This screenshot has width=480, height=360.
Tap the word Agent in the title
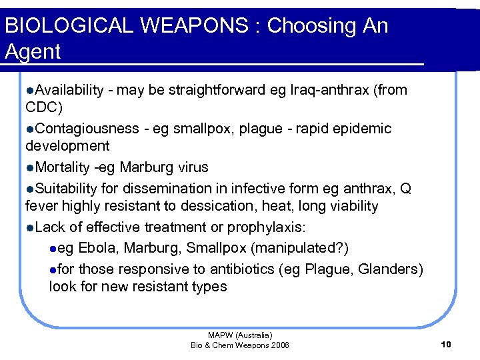[x=33, y=51]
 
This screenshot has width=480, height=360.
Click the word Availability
[x=69, y=90]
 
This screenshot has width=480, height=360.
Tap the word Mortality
[x=62, y=167]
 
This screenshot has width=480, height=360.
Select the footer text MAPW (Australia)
[x=240, y=335]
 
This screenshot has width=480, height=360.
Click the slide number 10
[x=446, y=344]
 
